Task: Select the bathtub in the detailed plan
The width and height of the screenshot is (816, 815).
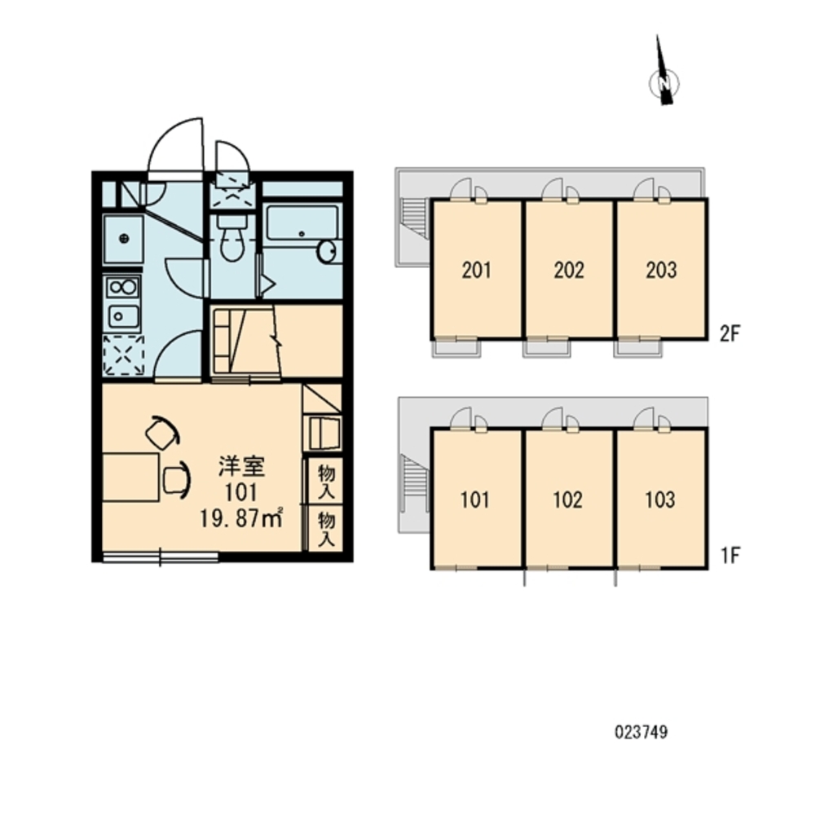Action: pos(301,222)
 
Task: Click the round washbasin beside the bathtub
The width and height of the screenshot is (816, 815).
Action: pos(328,252)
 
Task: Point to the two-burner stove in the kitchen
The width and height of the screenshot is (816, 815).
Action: pos(123,287)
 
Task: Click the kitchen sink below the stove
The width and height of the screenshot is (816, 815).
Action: pos(123,316)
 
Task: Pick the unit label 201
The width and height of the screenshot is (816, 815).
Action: pos(476,270)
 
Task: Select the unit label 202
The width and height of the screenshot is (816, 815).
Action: pos(569,270)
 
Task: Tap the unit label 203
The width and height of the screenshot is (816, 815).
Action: pos(661,270)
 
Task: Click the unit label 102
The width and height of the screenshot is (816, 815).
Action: pos(567,500)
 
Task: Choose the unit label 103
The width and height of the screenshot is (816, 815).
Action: pos(659,500)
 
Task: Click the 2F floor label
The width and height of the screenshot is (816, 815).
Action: pos(730,333)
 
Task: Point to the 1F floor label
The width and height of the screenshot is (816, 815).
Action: pos(730,556)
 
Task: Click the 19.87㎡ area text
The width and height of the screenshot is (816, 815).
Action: pos(241,518)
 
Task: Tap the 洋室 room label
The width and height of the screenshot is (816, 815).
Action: pos(241,466)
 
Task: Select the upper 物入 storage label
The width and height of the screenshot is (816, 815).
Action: pos(326,482)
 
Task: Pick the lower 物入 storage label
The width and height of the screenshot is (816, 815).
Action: pos(326,529)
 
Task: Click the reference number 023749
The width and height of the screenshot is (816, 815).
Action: pos(641,732)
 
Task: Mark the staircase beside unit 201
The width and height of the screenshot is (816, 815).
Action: pos(415,218)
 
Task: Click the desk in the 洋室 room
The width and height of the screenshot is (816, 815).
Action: pos(130,478)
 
